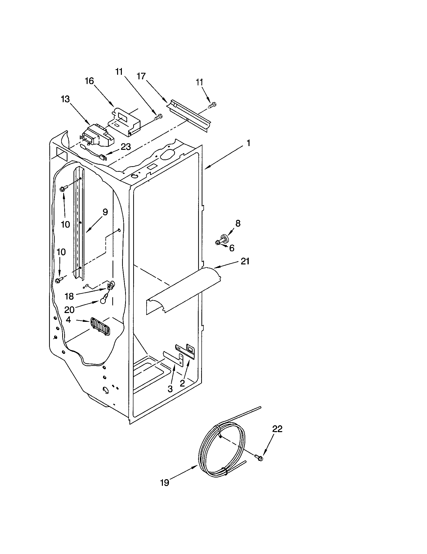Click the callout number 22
pyautogui.click(x=277, y=429)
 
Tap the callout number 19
pyautogui.click(x=165, y=483)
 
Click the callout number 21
pyautogui.click(x=245, y=261)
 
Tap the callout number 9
pyautogui.click(x=105, y=212)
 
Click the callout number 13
pyautogui.click(x=65, y=99)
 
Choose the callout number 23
pyautogui.click(x=126, y=147)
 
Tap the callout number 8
pyautogui.click(x=238, y=223)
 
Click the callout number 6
pyautogui.click(x=232, y=248)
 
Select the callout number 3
pyautogui.click(x=170, y=389)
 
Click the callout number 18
pyautogui.click(x=69, y=296)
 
